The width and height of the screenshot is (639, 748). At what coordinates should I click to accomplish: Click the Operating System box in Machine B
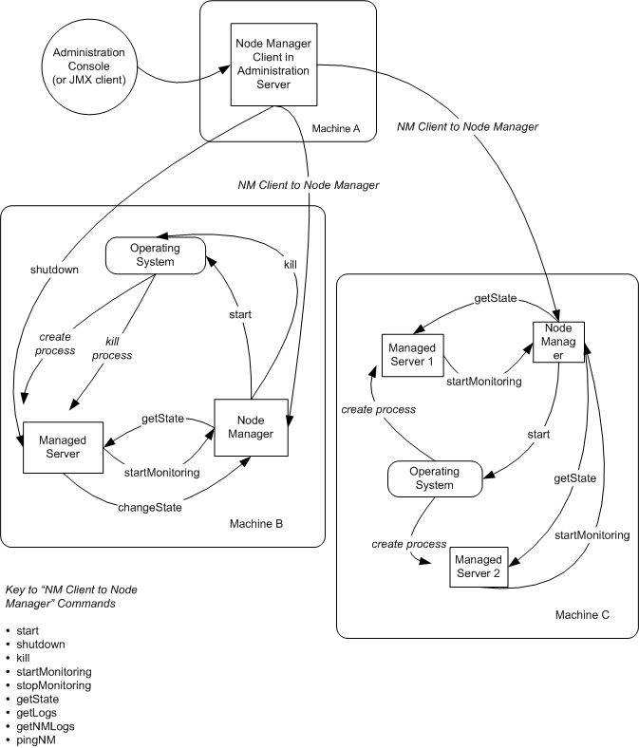pos(155,255)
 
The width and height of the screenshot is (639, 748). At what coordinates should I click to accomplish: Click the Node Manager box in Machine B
pos(250,426)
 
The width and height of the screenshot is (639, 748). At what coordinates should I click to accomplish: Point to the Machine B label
pos(255,523)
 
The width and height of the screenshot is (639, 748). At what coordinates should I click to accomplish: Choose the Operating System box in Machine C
pos(435,478)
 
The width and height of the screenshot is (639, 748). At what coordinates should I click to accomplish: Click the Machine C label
pos(582,615)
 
